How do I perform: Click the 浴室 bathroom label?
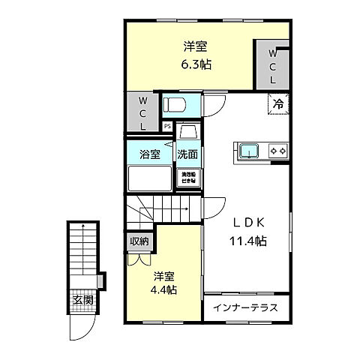[x=150, y=155]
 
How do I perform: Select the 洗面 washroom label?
[x=187, y=155]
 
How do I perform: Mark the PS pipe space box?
[x=167, y=126]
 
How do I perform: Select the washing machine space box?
[x=187, y=178]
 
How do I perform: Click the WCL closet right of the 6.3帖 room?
[x=272, y=65]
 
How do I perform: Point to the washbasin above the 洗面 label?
[x=187, y=133]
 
